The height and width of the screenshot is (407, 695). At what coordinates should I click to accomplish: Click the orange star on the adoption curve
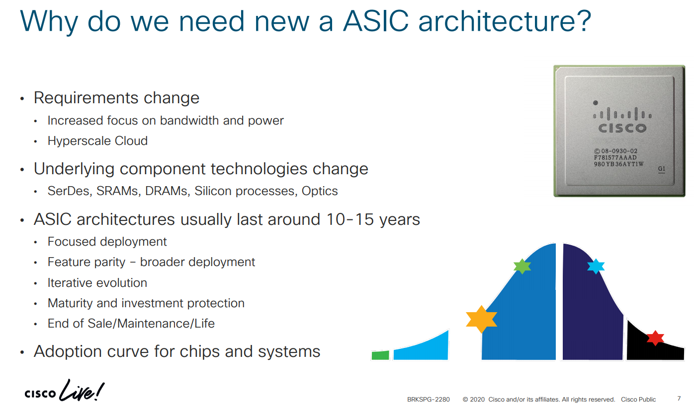(x=481, y=319)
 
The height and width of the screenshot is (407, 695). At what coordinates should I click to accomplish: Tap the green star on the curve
(x=522, y=266)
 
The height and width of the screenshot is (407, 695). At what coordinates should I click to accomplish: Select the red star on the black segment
(x=655, y=338)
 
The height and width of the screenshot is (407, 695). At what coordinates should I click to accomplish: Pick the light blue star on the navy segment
(x=596, y=266)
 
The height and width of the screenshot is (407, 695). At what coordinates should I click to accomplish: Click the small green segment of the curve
(x=380, y=355)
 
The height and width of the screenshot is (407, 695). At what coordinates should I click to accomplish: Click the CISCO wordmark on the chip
(x=622, y=128)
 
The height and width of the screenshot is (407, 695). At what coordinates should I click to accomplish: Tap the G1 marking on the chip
(x=661, y=169)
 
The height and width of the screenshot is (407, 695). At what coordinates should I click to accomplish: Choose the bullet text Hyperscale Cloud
(x=97, y=141)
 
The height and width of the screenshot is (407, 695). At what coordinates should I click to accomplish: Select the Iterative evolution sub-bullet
(x=97, y=283)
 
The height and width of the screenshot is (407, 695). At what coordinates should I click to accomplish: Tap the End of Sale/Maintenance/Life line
(x=131, y=324)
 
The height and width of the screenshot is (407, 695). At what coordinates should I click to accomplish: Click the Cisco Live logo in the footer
(x=65, y=392)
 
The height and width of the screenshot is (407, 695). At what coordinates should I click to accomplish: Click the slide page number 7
(x=679, y=399)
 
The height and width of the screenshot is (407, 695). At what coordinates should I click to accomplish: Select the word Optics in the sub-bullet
(x=320, y=191)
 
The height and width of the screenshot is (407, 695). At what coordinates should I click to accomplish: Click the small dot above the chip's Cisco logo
(x=596, y=103)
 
